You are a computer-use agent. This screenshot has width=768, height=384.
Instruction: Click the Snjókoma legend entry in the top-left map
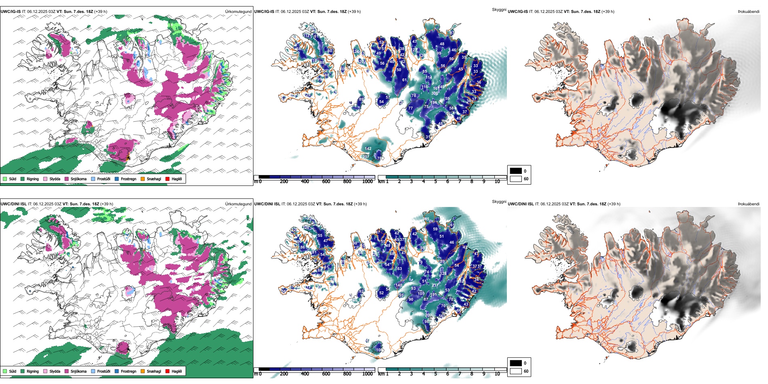point(78,179)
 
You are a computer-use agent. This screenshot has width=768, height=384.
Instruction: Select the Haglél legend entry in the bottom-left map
point(176,371)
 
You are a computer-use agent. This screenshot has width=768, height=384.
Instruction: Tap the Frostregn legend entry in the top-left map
point(128,179)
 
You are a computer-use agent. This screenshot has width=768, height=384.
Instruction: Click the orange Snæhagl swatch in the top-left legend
point(143,179)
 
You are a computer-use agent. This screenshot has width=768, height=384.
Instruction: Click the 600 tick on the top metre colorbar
point(326,181)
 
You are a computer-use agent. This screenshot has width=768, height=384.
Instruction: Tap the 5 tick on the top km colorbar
point(435,181)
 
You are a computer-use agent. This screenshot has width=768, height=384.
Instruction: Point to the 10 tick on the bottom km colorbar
point(497,374)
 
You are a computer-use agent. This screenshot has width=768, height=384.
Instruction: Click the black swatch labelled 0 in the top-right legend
point(516,171)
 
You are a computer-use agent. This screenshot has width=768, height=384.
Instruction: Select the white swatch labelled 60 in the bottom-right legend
point(516,371)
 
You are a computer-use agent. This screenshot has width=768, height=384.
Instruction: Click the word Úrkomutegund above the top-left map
point(238,12)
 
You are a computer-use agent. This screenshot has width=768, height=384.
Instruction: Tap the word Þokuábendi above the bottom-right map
point(749,204)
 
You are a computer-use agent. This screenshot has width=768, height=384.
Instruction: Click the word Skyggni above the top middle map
point(499,10)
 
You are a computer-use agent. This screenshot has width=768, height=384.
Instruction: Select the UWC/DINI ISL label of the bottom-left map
point(13,204)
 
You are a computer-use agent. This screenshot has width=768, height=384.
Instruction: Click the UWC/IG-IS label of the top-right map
point(518,12)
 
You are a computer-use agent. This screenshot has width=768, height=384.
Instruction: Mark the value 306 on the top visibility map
point(435,93)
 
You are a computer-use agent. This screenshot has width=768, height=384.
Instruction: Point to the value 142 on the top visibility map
point(368,149)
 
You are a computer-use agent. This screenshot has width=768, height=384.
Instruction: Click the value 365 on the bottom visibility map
point(426,219)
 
